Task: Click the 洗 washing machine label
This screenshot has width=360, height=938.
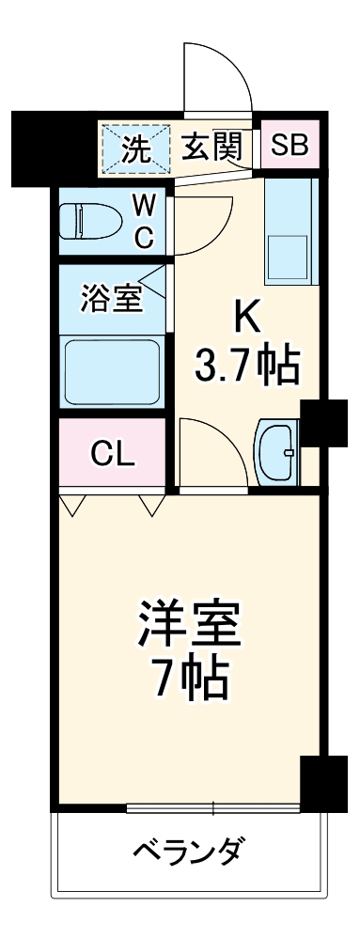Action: (138, 148)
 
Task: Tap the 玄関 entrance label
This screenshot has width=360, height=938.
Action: (212, 146)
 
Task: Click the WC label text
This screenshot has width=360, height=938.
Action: (143, 221)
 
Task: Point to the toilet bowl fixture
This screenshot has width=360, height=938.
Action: (89, 221)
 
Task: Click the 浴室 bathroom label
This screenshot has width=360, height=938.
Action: (110, 299)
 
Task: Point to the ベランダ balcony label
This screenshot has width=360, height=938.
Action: (188, 852)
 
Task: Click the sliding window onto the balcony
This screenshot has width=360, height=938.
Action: (213, 806)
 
